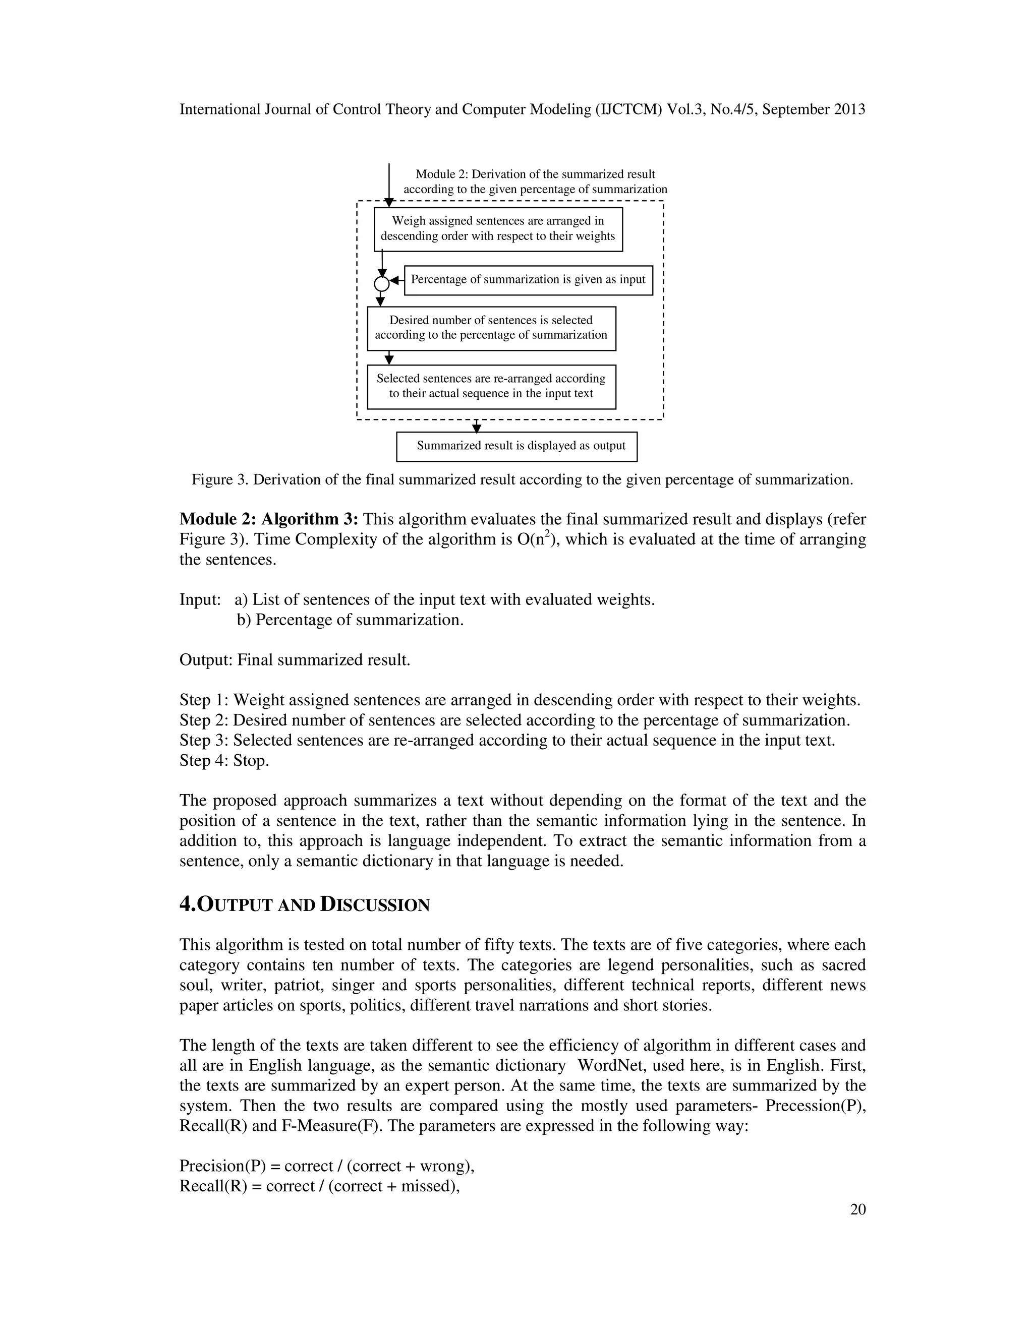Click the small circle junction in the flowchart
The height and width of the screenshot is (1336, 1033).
[x=381, y=284]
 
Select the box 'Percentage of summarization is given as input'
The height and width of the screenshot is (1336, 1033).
[x=528, y=280]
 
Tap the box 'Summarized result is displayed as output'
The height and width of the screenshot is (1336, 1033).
[x=516, y=447]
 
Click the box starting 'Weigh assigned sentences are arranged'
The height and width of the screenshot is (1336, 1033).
[x=498, y=229]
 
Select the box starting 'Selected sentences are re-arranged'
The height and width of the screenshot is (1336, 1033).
[x=491, y=387]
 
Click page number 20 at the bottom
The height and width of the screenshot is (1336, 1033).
[x=857, y=1209]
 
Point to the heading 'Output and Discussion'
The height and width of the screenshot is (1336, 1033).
[x=304, y=905]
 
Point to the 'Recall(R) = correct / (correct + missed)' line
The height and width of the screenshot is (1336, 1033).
[x=319, y=1186]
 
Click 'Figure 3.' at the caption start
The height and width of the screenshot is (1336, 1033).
[x=220, y=479]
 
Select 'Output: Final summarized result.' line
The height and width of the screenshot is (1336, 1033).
[x=295, y=660]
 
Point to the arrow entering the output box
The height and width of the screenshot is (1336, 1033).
[x=477, y=427]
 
